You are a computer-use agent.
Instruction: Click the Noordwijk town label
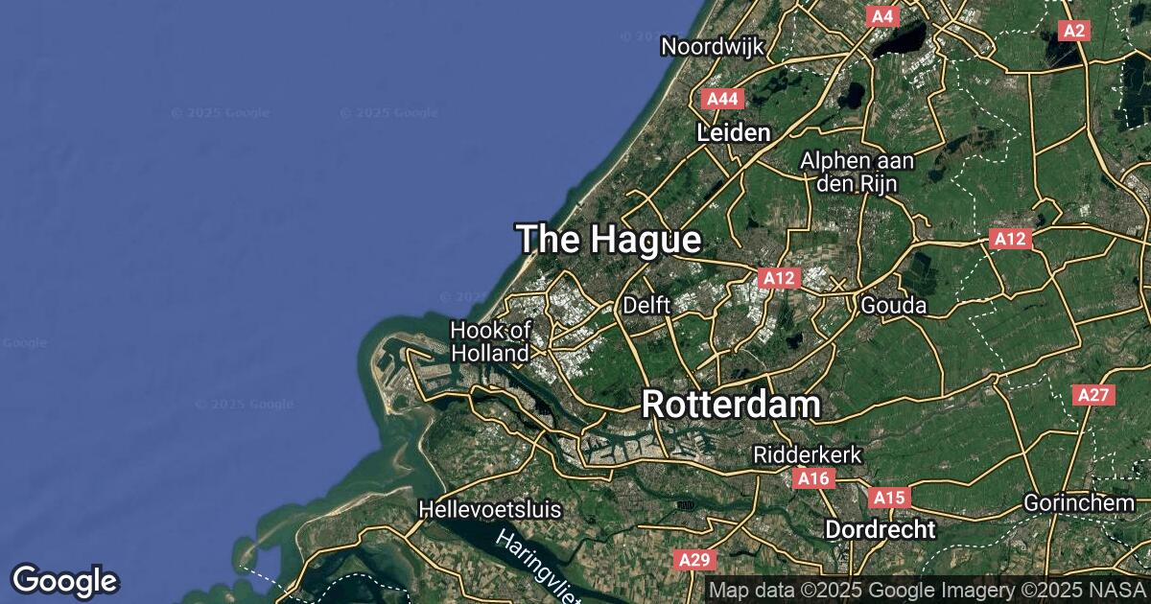(x=711, y=45)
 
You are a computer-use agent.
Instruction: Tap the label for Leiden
(x=734, y=132)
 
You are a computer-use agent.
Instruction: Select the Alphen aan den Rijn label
(x=857, y=172)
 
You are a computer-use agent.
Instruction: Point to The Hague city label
(x=609, y=240)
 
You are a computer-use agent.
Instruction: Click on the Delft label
(x=646, y=305)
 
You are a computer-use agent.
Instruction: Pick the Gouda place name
(x=894, y=305)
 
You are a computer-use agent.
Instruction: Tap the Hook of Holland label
(x=490, y=341)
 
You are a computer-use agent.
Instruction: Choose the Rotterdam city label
(x=730, y=404)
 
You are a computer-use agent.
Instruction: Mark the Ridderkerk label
(x=808, y=453)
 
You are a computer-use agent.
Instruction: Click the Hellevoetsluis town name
(x=489, y=509)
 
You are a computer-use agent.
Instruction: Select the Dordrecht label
(x=880, y=528)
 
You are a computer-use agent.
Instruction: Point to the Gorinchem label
(x=1078, y=502)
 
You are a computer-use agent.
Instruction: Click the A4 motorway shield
(x=881, y=16)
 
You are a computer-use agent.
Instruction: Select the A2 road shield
(x=1074, y=31)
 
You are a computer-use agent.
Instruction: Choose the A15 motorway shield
(x=888, y=498)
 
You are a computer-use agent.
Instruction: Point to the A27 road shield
(x=1093, y=395)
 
